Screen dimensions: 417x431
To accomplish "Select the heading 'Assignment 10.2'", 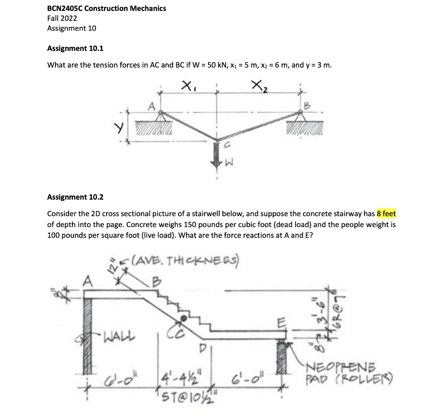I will click(75, 197).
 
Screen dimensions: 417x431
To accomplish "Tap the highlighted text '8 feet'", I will click(386, 214).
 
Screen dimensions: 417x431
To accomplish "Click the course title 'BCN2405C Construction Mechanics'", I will click(106, 8).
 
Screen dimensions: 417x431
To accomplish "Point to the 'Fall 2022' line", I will click(62, 18).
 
